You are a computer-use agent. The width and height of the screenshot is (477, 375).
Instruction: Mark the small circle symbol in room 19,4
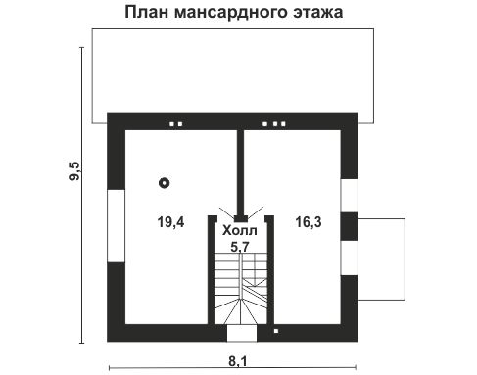coord(165,181)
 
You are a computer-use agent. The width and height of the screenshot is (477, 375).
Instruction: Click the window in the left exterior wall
coord(115,225)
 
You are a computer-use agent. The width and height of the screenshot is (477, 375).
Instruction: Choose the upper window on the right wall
coord(348,195)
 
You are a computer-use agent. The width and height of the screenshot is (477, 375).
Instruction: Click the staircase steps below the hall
coord(241,289)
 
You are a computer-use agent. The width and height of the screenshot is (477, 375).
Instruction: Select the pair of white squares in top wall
coord(177,124)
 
